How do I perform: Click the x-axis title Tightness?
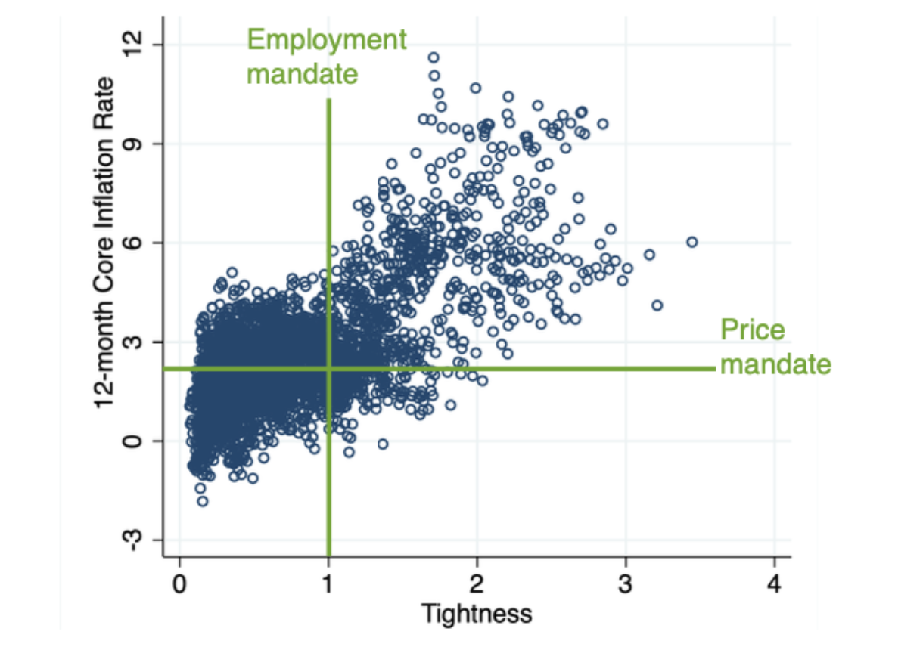477,613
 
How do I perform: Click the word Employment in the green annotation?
327,39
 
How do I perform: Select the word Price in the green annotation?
752,330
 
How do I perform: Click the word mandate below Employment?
302,74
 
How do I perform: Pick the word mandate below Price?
775,365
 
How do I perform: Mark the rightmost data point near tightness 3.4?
691,242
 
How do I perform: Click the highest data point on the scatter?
434,57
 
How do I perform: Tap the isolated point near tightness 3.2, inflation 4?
657,305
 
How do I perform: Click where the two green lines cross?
328,369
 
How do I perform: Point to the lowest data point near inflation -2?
202,501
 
